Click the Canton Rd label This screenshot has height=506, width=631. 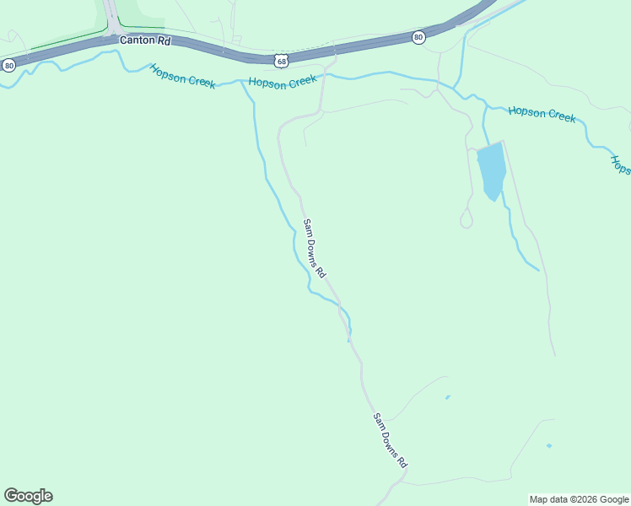145,40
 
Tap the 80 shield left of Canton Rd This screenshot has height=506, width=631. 8,65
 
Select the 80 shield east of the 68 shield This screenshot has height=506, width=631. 418,37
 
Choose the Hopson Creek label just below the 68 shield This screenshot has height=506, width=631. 283,81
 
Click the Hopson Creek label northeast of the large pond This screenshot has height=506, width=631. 542,114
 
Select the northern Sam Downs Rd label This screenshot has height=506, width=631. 314,248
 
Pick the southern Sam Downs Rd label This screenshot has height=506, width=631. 391,440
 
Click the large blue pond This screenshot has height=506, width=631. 491,170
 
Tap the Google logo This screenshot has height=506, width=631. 28,496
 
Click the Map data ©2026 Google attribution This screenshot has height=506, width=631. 579,499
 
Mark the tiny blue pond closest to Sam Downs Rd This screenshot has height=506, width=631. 447,397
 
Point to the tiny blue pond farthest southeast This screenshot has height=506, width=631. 549,445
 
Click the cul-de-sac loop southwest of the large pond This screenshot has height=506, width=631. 466,221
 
